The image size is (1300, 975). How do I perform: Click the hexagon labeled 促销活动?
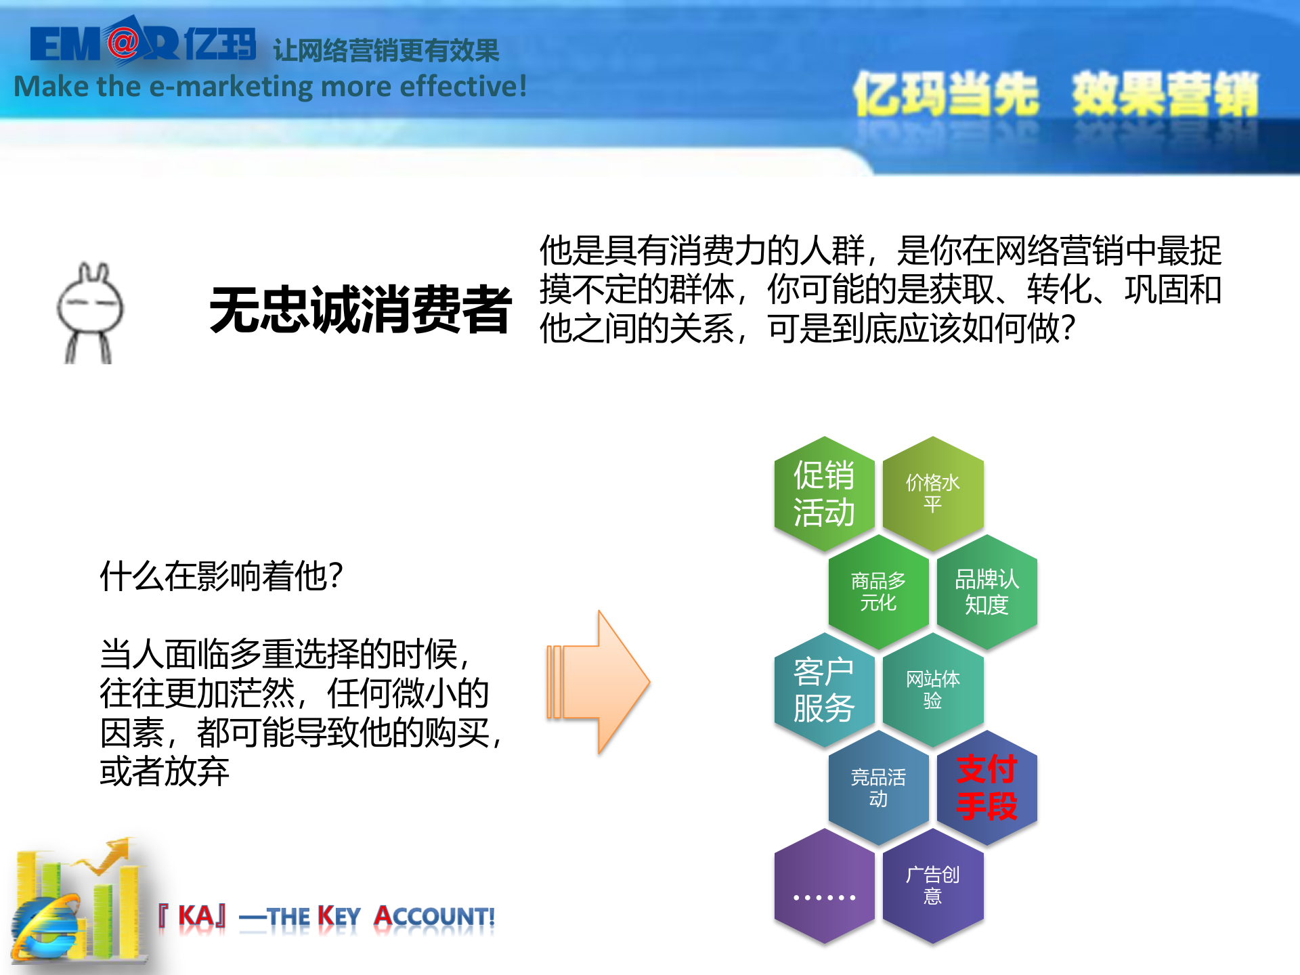pyautogui.click(x=824, y=494)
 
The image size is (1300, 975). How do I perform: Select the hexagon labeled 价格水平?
pyautogui.click(x=932, y=494)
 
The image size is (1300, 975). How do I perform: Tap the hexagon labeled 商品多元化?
pyautogui.click(x=878, y=592)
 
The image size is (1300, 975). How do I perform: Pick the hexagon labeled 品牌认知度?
pyautogui.click(x=987, y=592)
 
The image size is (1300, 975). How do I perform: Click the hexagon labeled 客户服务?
pyautogui.click(x=824, y=690)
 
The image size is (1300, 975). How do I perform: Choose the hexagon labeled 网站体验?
pyautogui.click(x=932, y=690)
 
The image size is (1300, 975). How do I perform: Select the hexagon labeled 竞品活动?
pyautogui.click(x=878, y=788)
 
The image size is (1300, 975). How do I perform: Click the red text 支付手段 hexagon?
pyautogui.click(x=987, y=788)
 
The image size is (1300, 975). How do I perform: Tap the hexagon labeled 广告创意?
pyautogui.click(x=932, y=886)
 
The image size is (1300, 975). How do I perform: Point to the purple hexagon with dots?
pyautogui.click(x=824, y=886)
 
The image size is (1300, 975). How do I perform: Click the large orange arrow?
pyautogui.click(x=599, y=682)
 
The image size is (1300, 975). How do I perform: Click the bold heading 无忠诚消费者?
pyautogui.click(x=360, y=310)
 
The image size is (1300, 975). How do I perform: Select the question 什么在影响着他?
pyautogui.click(x=221, y=577)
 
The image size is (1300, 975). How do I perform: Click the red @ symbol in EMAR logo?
pyautogui.click(x=123, y=43)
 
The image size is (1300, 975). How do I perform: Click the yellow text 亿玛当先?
pyautogui.click(x=945, y=95)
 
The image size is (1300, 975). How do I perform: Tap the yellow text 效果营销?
pyautogui.click(x=1165, y=95)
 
